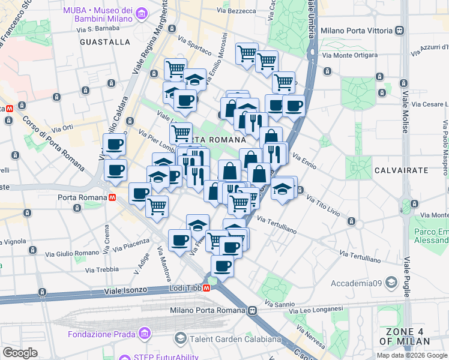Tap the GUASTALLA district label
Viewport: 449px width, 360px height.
pos(104,42)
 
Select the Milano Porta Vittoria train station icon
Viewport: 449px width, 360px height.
pos(399,31)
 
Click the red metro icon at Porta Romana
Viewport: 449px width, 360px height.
pos(111,197)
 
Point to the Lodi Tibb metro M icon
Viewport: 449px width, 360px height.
pos(206,288)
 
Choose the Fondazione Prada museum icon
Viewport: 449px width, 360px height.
pos(144,334)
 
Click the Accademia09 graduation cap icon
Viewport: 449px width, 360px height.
pos(391,282)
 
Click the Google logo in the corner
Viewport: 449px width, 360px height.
pos(20,352)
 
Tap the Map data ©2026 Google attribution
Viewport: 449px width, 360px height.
pos(412,355)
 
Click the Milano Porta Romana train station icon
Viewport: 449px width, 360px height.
pos(253,311)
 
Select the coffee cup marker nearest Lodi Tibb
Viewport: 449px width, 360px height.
pos(222,265)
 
